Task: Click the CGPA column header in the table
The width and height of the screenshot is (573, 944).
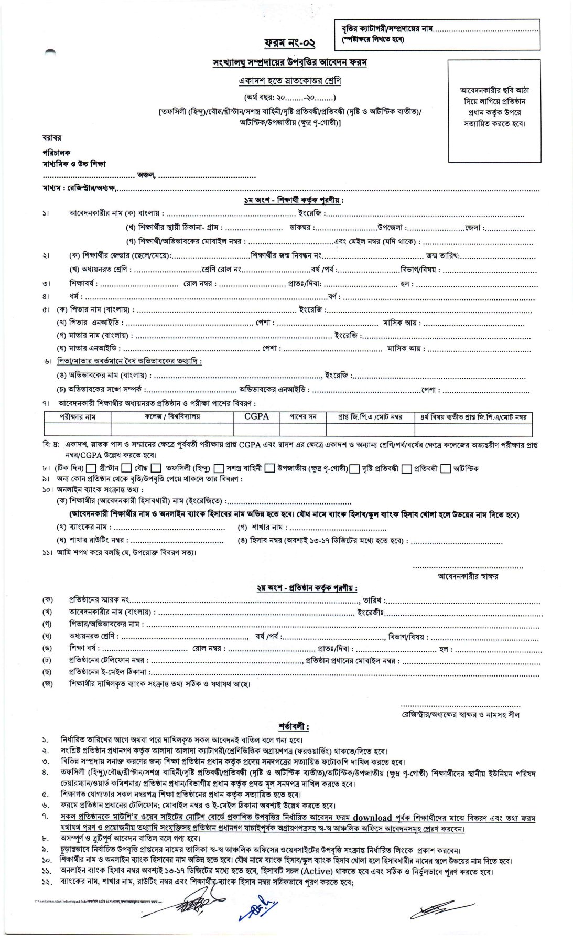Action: [x=257, y=416]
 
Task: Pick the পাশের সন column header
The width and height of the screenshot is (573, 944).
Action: [x=303, y=417]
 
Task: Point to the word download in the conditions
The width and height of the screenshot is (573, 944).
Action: [x=372, y=818]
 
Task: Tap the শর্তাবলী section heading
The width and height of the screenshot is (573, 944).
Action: [x=294, y=727]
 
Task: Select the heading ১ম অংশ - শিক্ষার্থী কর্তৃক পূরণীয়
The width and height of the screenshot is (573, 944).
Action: [x=293, y=200]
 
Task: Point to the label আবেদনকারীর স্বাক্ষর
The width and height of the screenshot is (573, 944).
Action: [x=468, y=576]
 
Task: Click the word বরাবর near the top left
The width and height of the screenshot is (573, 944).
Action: [x=52, y=138]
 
